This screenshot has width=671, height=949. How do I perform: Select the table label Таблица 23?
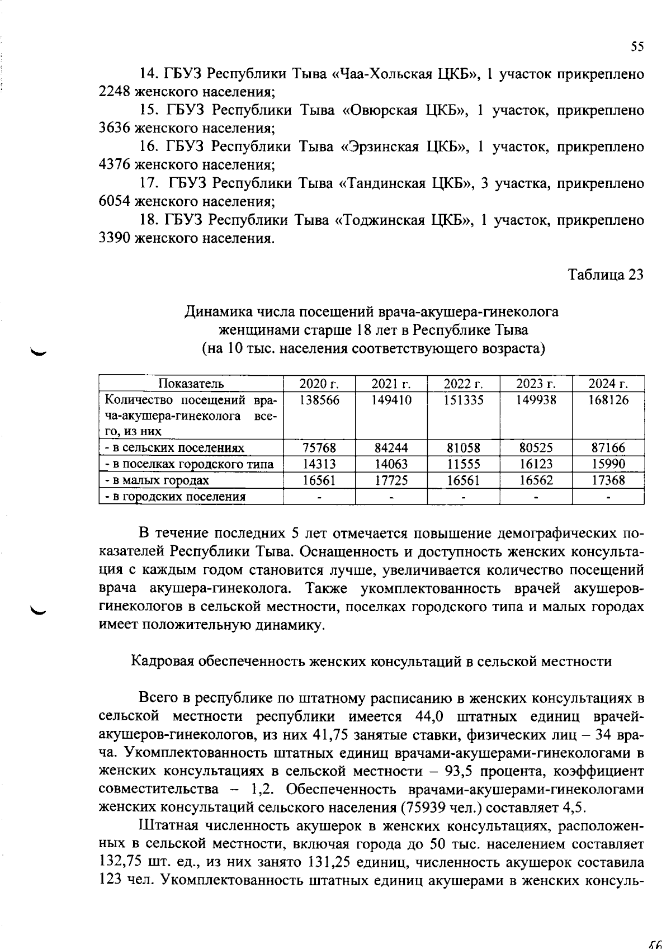tap(606, 275)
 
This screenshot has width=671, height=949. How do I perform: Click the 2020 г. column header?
tap(319, 384)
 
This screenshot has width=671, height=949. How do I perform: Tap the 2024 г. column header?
tap(608, 384)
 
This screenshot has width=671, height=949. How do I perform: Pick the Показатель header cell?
tap(191, 384)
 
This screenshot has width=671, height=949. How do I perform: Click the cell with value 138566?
tap(319, 400)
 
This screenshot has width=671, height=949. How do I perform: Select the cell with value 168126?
tap(608, 400)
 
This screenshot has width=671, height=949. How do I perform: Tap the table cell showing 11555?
tap(464, 464)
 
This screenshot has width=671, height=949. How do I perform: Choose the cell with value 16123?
tap(536, 464)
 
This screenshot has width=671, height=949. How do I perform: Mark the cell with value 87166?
tap(608, 448)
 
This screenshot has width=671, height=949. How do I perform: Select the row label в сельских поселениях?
tap(175, 448)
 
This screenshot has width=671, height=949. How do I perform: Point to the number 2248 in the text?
tap(115, 92)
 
